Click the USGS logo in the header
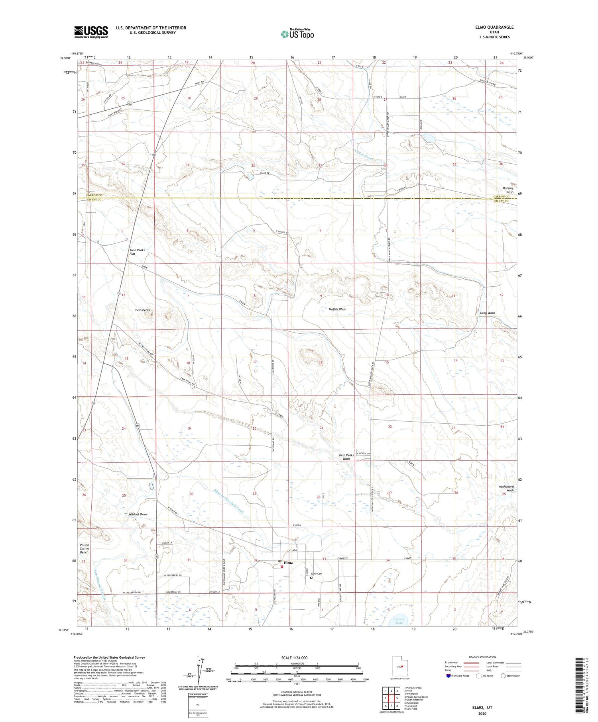pos(91,32)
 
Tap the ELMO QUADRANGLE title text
pos(494,27)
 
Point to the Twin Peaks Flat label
pos(137,252)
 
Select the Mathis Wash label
pos(337,309)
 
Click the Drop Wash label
pos(487,313)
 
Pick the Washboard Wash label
pos(506,488)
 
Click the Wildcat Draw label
pos(138,514)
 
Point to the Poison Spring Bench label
pos(84,548)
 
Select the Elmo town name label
pos(288,563)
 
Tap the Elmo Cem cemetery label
pos(316,573)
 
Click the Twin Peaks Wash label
pos(346,457)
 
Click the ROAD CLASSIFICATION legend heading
pos(482,657)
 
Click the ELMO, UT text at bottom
pos(482,707)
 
